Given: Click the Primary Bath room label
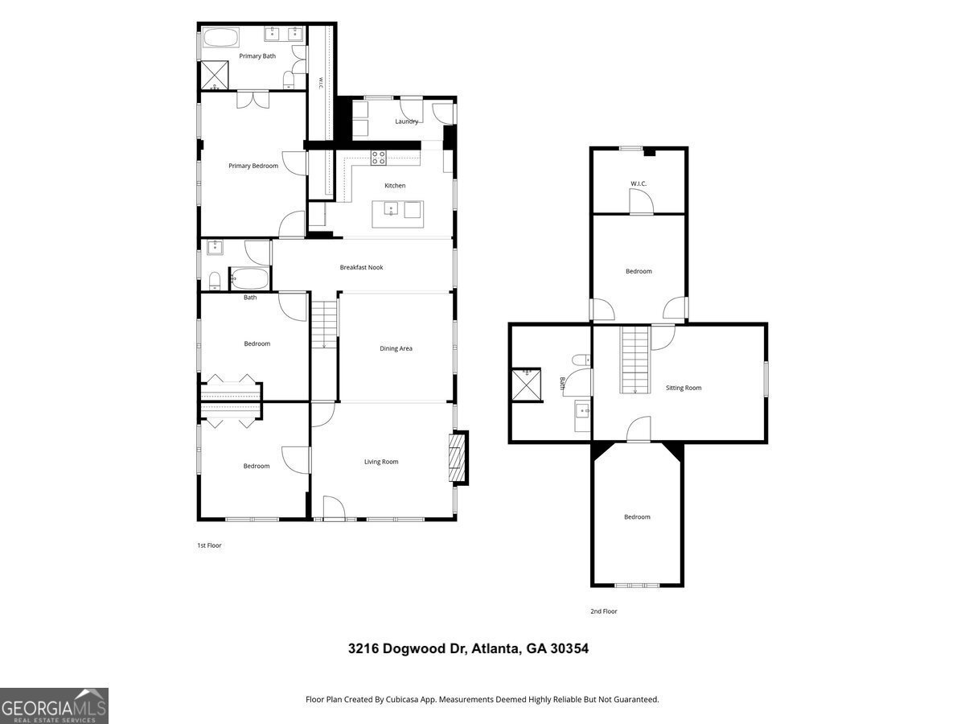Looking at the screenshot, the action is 257,56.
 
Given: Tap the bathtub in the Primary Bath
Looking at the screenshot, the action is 221,37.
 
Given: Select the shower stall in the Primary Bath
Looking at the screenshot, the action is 215,75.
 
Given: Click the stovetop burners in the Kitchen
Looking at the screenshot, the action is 379,158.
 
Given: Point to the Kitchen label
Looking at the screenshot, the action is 395,186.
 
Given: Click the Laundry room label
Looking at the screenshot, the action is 406,121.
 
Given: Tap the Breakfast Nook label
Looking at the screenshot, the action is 361,267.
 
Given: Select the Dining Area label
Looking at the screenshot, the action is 396,348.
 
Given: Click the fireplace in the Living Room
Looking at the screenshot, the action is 458,458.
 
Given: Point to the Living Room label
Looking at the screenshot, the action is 381,462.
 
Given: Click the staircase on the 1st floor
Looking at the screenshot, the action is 324,324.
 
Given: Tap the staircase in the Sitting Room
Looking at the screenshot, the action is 634,360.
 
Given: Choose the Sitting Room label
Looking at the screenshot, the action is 684,388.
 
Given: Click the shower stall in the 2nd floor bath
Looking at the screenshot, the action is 527,385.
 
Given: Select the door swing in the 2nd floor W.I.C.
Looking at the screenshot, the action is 642,202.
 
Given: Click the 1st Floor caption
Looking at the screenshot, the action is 209,545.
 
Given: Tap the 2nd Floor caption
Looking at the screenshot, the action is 604,611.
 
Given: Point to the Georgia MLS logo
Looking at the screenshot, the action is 54,706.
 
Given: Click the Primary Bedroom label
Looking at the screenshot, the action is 253,166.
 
